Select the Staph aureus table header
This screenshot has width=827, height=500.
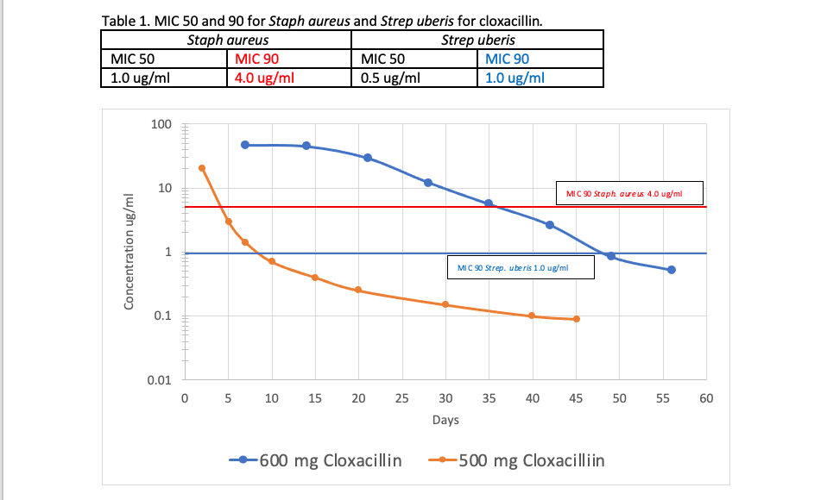(x=227, y=41)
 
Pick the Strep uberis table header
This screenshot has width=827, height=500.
(x=477, y=41)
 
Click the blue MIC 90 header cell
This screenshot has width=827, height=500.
(x=508, y=59)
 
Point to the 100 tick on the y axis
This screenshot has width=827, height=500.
(x=161, y=125)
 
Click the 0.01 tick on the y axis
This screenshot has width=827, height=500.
(x=159, y=379)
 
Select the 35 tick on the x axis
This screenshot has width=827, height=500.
(x=489, y=398)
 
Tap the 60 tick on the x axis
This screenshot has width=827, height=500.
(x=706, y=398)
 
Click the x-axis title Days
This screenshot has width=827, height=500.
(x=445, y=421)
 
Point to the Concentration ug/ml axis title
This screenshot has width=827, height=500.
(x=129, y=251)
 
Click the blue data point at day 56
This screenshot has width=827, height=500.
(x=672, y=270)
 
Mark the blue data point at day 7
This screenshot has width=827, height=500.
(x=245, y=145)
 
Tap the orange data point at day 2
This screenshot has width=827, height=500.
(x=202, y=168)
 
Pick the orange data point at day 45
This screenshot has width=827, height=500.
(x=577, y=319)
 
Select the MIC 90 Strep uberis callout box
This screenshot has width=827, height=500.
(x=520, y=267)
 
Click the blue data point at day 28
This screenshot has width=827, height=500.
(x=428, y=183)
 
